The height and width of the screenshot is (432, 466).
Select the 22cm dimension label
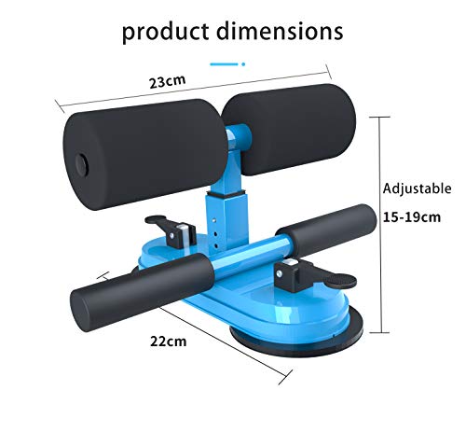pyautogui.click(x=170, y=341)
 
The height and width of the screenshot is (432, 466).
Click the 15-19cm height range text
pyautogui.click(x=411, y=217)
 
